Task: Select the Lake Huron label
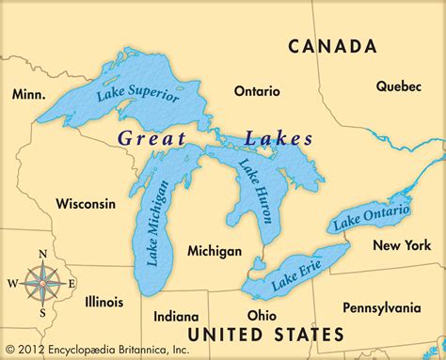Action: point(257,191)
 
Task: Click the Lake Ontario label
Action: point(371,217)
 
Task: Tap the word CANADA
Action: point(332,46)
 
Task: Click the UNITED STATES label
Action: point(265,334)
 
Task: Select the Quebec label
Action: point(399,86)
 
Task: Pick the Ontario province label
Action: point(257,91)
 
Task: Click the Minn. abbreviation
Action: point(29,94)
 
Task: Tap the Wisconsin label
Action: point(86,203)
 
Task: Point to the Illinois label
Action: point(103,302)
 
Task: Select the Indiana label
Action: point(176,316)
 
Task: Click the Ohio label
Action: point(261,315)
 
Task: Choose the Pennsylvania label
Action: point(382,307)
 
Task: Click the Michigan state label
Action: point(215,251)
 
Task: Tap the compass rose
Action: point(41,282)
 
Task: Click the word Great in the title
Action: point(150,138)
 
